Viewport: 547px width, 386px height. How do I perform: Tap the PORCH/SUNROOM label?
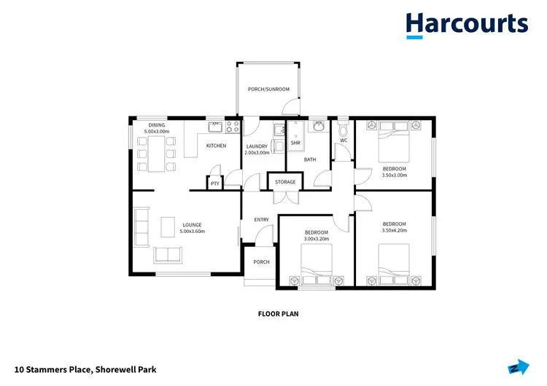tap(268, 90)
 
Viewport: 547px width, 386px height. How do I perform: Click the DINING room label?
tap(157, 125)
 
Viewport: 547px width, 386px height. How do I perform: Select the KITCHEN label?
tap(216, 146)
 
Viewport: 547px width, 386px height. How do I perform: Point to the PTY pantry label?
tap(215, 184)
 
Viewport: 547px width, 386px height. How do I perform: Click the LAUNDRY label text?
tap(257, 146)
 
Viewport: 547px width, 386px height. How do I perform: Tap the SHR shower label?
tap(295, 143)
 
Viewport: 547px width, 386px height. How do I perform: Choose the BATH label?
tap(310, 159)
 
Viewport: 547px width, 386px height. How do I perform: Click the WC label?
tap(343, 140)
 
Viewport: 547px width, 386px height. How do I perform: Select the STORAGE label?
tap(285, 182)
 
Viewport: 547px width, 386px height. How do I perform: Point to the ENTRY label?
tap(261, 219)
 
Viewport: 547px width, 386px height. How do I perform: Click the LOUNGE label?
tap(192, 224)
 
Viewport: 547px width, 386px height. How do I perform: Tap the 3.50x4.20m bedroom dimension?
tap(394, 230)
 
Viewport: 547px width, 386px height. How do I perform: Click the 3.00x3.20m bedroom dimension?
tap(317, 238)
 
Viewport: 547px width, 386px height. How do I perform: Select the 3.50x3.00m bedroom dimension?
tap(394, 175)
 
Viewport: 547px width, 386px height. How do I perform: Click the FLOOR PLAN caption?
tap(279, 315)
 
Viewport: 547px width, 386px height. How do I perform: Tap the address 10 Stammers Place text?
tap(85, 370)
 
